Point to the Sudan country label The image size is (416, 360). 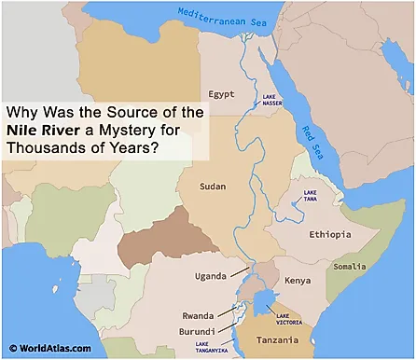pyautogui.click(x=213, y=187)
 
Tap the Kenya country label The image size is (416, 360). pyautogui.click(x=297, y=280)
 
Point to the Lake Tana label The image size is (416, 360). pyautogui.click(x=311, y=197)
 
